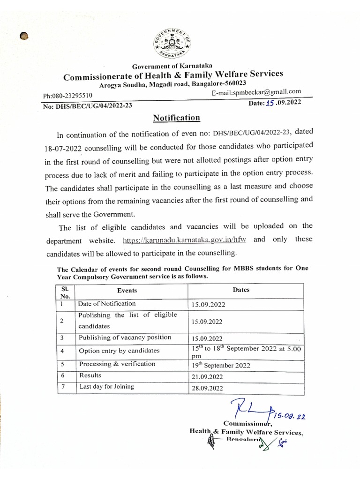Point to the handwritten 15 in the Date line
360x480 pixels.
pos(270,102)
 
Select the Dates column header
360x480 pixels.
pos(241,290)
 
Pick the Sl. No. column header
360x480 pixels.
pos(65,292)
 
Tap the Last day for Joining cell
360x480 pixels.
pos(106,387)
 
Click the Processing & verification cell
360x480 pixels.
pos(117,364)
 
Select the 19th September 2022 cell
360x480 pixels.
pos(221,366)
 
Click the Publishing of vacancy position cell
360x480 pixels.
pos(125,337)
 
